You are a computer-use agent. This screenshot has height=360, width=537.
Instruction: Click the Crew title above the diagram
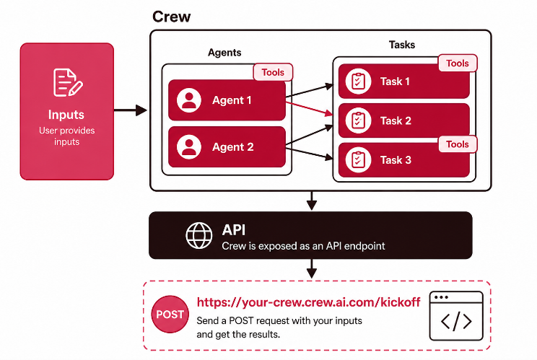pyautogui.click(x=171, y=17)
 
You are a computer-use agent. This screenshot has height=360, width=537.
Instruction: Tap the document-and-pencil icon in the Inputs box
pyautogui.click(x=68, y=82)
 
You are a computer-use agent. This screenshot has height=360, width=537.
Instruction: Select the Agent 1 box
pyautogui.click(x=227, y=100)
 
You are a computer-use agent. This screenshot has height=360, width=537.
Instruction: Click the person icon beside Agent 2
pyautogui.click(x=188, y=146)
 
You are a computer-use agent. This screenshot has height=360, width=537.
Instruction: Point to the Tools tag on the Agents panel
pyautogui.click(x=273, y=72)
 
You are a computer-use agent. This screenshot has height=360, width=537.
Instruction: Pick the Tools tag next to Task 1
pyautogui.click(x=458, y=63)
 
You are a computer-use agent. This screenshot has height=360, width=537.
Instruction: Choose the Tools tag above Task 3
pyautogui.click(x=458, y=144)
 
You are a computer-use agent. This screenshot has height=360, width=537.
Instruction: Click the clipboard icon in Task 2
pyautogui.click(x=358, y=120)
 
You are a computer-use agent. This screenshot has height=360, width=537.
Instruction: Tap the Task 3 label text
pyautogui.click(x=396, y=160)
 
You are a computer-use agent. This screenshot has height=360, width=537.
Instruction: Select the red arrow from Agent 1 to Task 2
pyautogui.click(x=309, y=108)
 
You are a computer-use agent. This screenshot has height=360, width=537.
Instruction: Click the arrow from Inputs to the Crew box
pyautogui.click(x=131, y=110)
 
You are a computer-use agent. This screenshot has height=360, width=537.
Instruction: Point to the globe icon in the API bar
pyautogui.click(x=199, y=235)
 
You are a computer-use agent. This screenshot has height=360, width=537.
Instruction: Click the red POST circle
pyautogui.click(x=170, y=314)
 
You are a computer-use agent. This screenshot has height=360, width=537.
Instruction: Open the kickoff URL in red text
pyautogui.click(x=309, y=302)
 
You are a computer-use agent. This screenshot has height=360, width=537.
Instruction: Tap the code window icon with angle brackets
pyautogui.click(x=456, y=316)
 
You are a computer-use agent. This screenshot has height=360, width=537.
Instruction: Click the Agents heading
pyautogui.click(x=224, y=53)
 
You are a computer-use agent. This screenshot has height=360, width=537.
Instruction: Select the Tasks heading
pyautogui.click(x=402, y=45)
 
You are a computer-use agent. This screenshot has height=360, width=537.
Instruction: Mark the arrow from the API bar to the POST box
pyautogui.click(x=311, y=268)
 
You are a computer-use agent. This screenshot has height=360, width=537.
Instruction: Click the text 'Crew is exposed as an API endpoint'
pyautogui.click(x=303, y=246)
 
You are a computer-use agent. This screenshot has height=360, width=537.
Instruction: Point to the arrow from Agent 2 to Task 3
pyautogui.click(x=309, y=154)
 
